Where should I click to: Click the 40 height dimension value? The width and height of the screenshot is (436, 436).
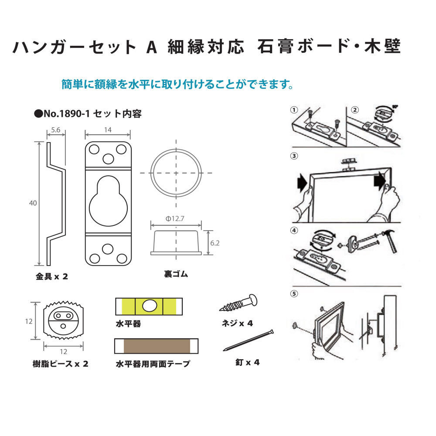point(33,203)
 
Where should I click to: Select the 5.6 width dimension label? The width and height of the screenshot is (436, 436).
point(56,130)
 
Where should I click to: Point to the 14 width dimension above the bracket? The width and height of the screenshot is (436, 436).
point(108,129)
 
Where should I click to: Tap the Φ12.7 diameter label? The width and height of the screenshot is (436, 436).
point(175,218)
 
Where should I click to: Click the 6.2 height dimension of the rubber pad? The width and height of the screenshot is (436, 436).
point(215,243)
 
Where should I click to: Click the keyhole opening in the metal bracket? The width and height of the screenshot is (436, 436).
point(108,200)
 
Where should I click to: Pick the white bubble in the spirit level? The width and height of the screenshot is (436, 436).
point(149,306)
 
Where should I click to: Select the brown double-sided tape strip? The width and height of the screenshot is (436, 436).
point(157,346)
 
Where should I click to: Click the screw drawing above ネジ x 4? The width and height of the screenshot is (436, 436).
point(238,303)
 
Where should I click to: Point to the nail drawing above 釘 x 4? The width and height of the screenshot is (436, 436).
point(249,341)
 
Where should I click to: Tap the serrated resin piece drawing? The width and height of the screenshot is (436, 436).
point(63,320)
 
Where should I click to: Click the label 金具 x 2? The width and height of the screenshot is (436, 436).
point(52,276)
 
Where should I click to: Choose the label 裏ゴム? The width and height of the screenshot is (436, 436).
point(176,274)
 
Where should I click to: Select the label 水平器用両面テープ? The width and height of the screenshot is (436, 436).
point(153,364)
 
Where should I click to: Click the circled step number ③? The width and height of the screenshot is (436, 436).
point(294,156)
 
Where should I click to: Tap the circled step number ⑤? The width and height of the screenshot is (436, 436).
point(294,293)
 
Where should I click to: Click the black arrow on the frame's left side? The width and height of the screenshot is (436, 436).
point(302,183)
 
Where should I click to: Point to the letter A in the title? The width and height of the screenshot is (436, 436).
point(152,47)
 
